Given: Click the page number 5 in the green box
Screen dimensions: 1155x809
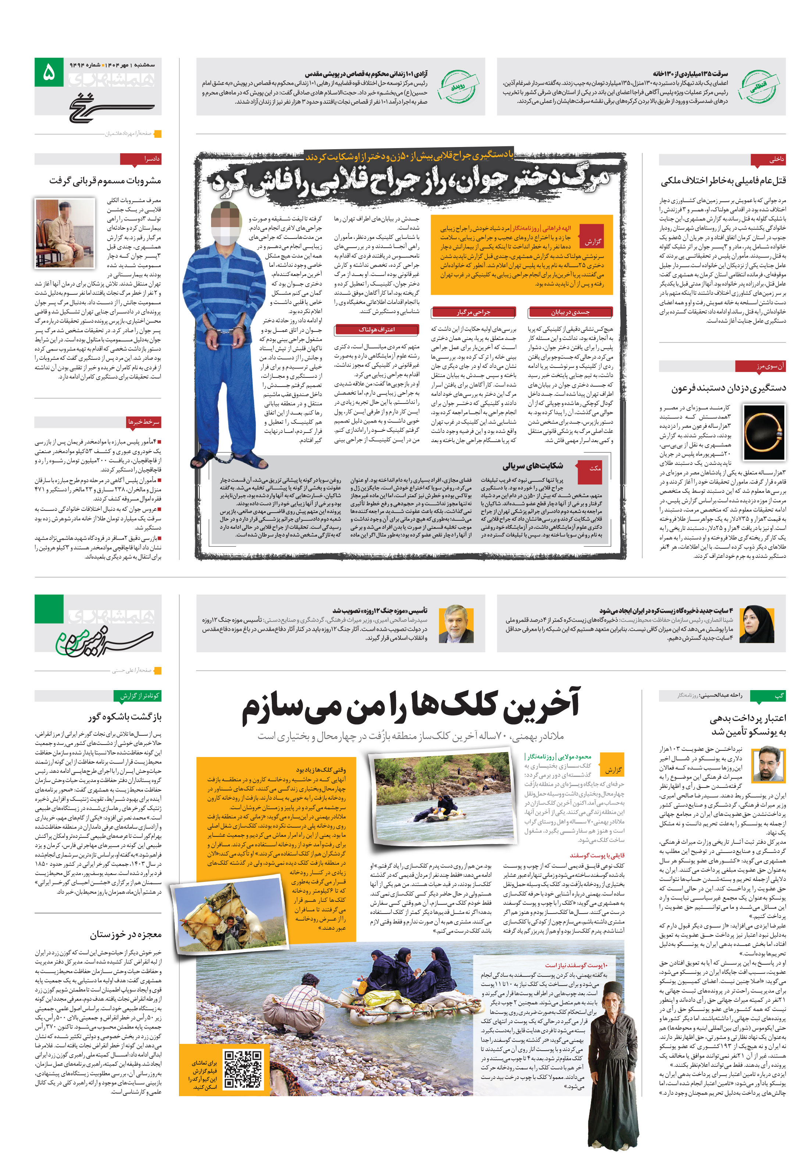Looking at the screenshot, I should (x=49, y=72).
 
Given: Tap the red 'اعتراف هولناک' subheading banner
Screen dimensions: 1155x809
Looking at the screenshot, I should (x=376, y=330).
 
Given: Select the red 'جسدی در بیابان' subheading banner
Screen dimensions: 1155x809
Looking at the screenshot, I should (x=570, y=312).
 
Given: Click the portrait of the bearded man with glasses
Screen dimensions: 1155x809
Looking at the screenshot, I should (x=456, y=624).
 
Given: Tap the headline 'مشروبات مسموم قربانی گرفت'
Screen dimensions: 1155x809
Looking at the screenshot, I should (x=105, y=180).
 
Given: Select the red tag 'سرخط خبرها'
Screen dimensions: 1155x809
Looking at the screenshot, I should (x=143, y=422).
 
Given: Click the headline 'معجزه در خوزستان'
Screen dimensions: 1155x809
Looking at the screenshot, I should (x=125, y=934).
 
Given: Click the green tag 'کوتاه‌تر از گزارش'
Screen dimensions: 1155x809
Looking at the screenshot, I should (x=139, y=696).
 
